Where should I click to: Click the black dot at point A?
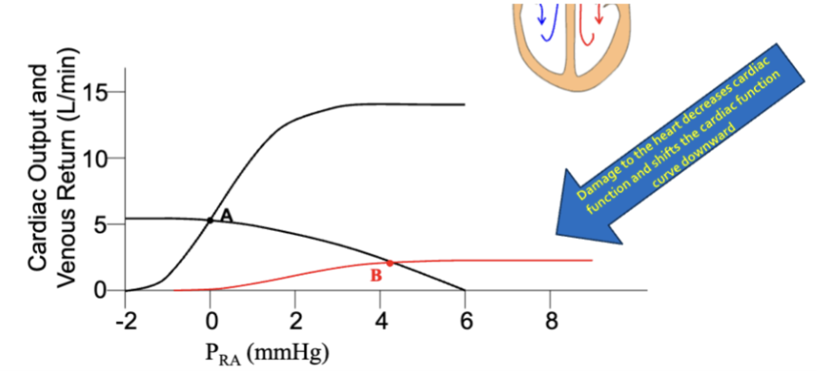210,220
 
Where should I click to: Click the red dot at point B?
390,263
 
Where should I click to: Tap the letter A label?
226,214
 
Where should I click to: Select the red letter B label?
376,276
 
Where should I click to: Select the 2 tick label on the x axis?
295,320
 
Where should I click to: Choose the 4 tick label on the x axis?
381,320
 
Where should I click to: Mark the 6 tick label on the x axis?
466,320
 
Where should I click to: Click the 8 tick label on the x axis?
551,320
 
